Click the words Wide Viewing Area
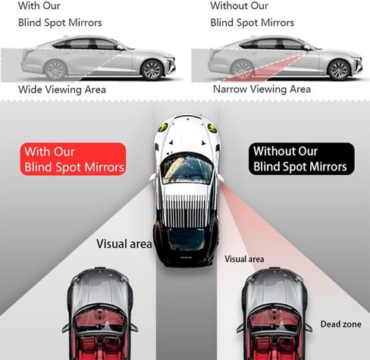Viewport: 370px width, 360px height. pyautogui.click(x=62, y=89)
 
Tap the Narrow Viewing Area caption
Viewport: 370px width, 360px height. pyautogui.click(x=262, y=89)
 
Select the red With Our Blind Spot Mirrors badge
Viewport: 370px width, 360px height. pyautogui.click(x=73, y=159)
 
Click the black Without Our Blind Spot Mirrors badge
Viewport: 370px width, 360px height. pyautogui.click(x=302, y=158)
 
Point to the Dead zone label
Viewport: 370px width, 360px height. pyautogui.click(x=340, y=324)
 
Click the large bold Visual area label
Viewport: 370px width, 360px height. pyautogui.click(x=124, y=244)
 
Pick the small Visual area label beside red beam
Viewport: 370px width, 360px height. pyautogui.click(x=244, y=259)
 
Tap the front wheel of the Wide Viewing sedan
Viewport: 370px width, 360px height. pyautogui.click(x=152, y=70)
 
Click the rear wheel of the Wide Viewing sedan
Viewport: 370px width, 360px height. pyautogui.click(x=55, y=70)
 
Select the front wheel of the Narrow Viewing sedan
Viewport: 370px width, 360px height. pyautogui.click(x=339, y=70)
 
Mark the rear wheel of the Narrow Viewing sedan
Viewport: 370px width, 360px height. pyautogui.click(x=243, y=70)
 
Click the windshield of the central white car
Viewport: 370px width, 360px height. pyautogui.click(x=187, y=168)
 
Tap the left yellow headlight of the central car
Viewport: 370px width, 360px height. pyautogui.click(x=163, y=127)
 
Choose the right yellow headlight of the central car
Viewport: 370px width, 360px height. pyautogui.click(x=212, y=127)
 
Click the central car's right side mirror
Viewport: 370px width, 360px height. pyautogui.click(x=220, y=177)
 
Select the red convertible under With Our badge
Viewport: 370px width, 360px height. pyautogui.click(x=100, y=314)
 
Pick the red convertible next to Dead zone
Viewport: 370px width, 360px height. pyautogui.click(x=274, y=314)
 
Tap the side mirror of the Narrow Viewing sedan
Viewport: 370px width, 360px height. pyautogui.click(x=306, y=48)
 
